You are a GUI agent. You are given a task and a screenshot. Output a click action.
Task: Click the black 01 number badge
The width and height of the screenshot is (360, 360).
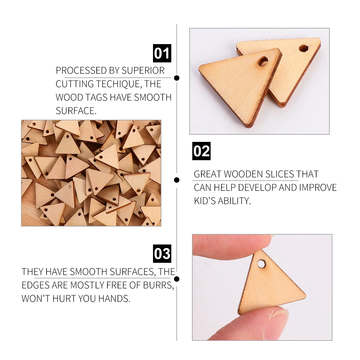[162, 53]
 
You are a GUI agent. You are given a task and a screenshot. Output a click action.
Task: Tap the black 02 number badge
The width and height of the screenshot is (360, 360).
[201, 151]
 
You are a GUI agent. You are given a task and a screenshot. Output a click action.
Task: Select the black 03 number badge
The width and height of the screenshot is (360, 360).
[162, 254]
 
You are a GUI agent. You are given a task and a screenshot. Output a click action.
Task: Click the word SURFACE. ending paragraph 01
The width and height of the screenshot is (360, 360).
[76, 111]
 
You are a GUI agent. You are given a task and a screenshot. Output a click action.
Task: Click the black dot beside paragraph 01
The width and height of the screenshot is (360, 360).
[177, 78]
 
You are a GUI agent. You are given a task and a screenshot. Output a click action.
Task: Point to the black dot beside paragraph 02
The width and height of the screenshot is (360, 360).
[177, 180]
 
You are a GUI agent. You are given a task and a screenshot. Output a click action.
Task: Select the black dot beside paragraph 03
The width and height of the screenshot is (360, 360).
[177, 279]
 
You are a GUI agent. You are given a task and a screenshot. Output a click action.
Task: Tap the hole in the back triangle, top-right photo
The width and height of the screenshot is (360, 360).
[303, 48]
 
